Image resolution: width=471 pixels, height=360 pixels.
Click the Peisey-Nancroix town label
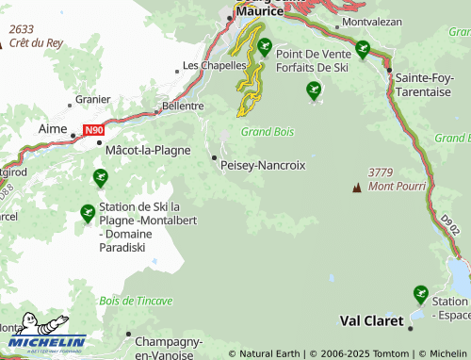point(262,165)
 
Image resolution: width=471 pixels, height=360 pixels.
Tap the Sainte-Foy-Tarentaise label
point(430,84)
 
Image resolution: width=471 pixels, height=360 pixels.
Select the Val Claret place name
point(371,320)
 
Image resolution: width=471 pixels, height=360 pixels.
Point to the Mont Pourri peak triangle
point(356,188)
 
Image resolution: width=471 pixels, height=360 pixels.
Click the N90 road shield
point(93,130)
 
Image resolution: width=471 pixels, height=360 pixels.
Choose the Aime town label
point(53,127)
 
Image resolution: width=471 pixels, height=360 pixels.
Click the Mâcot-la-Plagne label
point(148,150)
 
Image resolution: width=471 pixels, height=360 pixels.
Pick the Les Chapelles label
point(214,66)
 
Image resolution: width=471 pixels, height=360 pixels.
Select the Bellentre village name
point(183,106)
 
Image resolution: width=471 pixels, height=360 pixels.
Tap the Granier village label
point(92,97)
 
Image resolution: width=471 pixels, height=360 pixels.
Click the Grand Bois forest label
point(267,132)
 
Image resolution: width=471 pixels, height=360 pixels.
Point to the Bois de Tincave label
point(136,301)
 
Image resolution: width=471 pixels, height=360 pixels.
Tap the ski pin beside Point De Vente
point(265,45)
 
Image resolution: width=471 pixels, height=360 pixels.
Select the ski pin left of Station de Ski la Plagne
point(88,214)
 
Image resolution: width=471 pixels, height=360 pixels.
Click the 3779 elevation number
point(381,172)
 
